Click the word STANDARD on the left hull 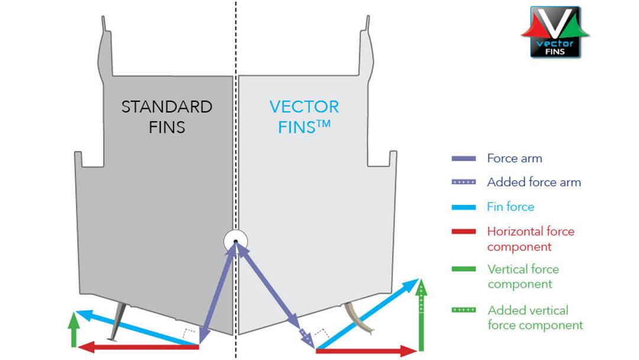(167, 107)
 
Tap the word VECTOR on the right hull (304, 107)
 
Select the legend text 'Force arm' (514, 158)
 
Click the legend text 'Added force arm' (534, 182)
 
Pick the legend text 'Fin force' (510, 207)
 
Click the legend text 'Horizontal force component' (530, 239)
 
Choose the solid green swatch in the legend (463, 269)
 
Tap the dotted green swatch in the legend (463, 310)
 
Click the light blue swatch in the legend (463, 207)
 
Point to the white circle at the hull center (235, 242)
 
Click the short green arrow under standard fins (73, 329)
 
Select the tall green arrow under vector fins (421, 317)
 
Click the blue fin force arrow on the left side (136, 327)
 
